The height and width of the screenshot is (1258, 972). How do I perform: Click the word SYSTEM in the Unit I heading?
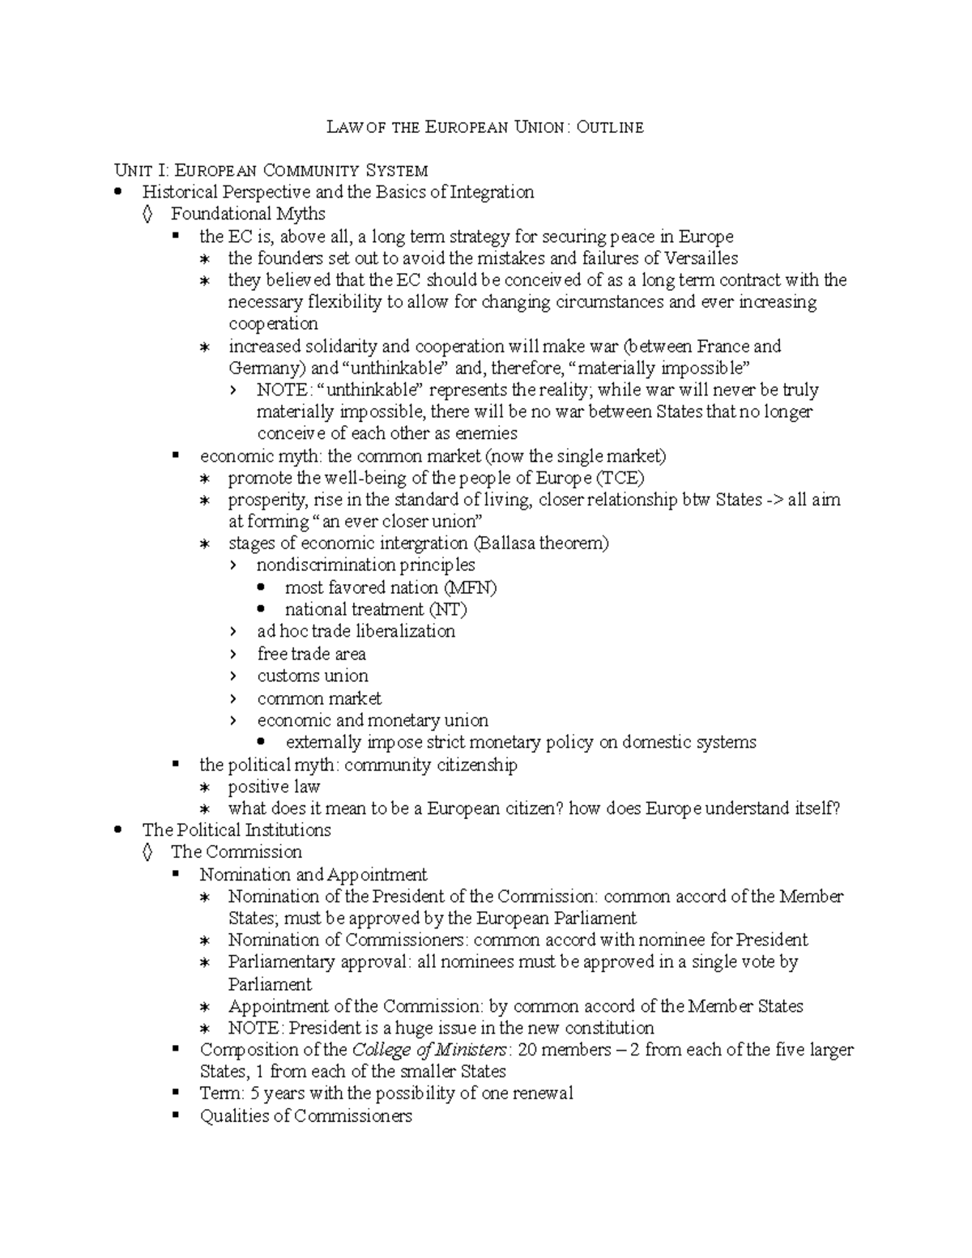pos(396,171)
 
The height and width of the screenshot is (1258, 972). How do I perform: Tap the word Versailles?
pos(701,258)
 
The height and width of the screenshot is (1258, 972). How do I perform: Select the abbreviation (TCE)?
pos(620,478)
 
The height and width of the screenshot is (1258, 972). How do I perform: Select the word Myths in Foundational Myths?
pos(300,214)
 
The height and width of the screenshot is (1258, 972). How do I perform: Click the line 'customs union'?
pos(312,676)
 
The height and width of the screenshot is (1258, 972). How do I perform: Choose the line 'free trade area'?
pos(311,654)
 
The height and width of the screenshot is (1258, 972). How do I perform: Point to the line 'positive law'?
pos(274,787)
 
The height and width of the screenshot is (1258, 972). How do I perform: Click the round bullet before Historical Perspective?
pos(119,193)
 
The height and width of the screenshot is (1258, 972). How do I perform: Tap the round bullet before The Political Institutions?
pos(119,830)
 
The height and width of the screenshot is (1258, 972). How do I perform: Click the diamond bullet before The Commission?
pos(147,852)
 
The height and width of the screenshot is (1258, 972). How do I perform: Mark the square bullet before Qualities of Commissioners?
pos(176,1116)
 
